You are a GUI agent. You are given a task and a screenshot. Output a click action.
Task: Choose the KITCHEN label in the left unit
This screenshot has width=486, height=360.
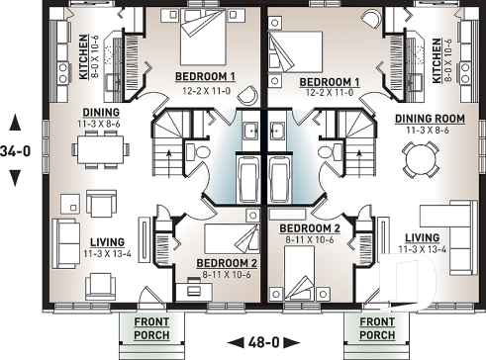(x=83, y=55)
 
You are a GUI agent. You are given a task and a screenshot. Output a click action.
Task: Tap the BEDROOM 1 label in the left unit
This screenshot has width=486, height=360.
(x=205, y=77)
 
